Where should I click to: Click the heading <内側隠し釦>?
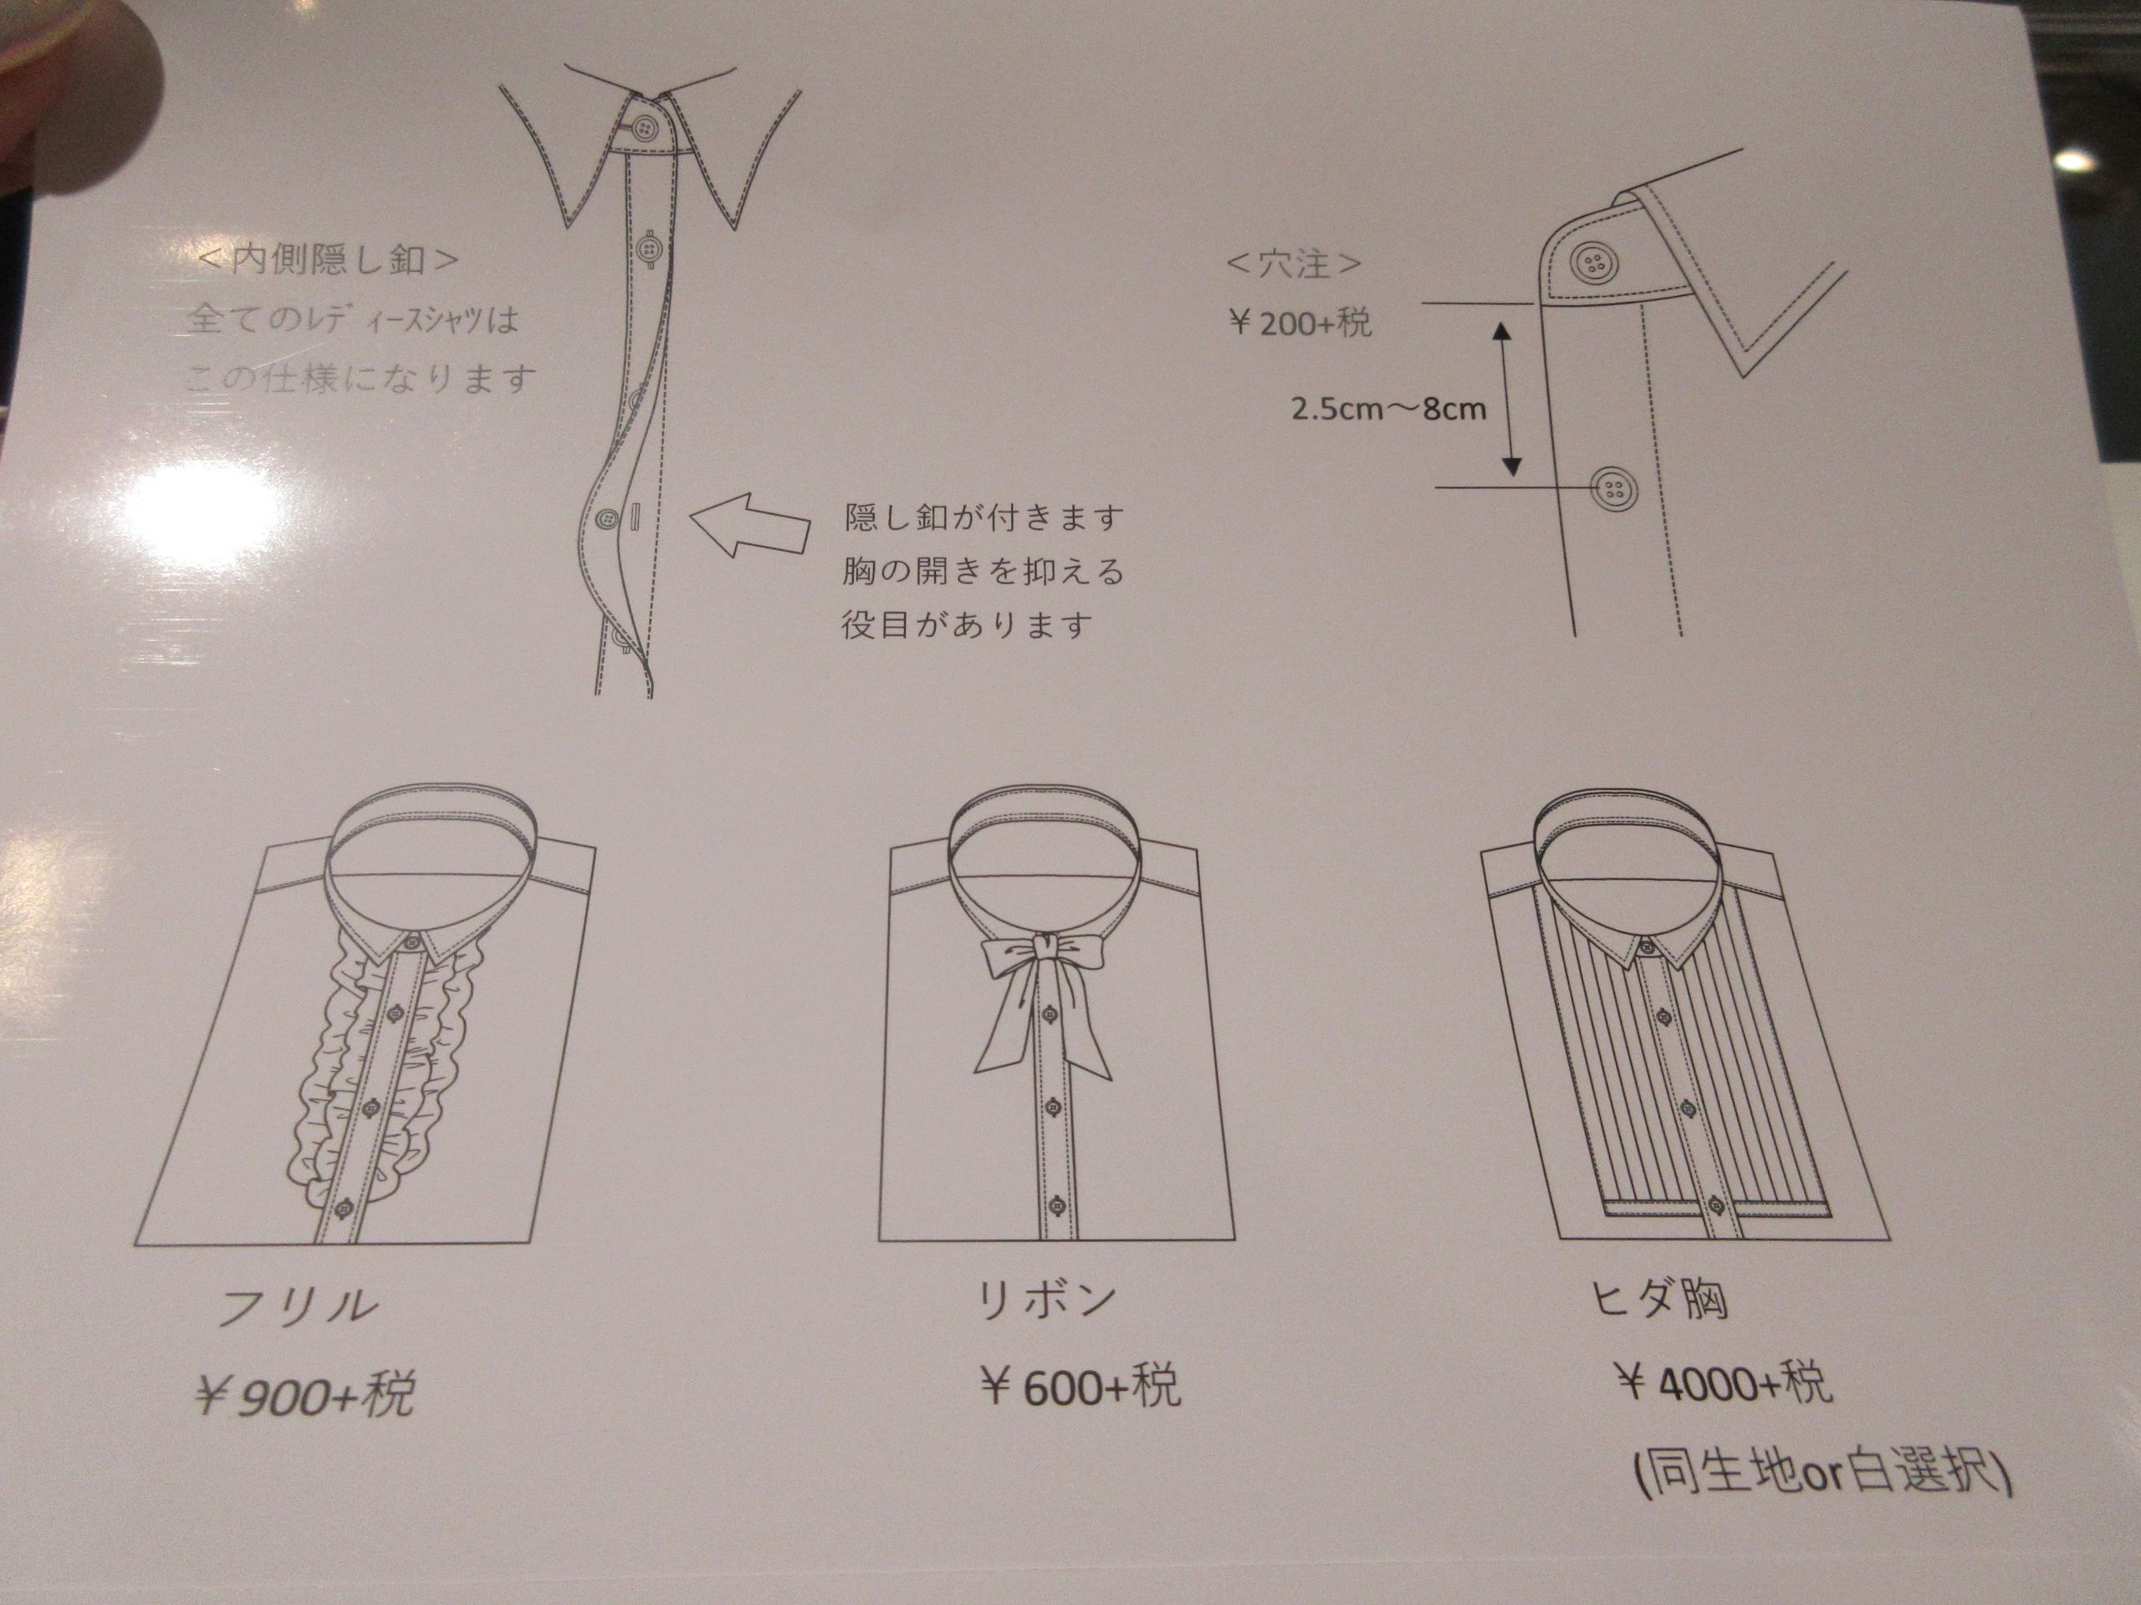[326, 261]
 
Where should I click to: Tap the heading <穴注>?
[1294, 263]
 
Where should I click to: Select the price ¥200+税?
[1299, 322]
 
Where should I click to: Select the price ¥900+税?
[305, 1394]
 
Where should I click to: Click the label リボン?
[1045, 1302]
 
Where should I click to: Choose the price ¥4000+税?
[1724, 1383]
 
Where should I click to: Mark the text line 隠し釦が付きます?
[984, 517]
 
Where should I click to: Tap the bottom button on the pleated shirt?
[1717, 1205]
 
